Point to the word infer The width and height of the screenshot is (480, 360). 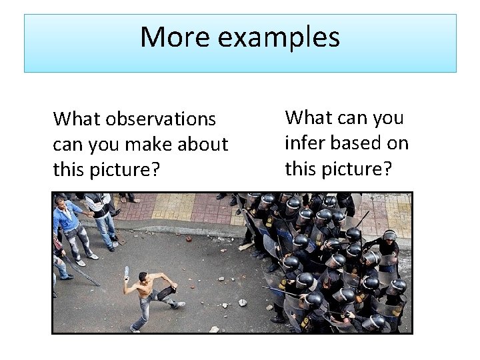pos(305,143)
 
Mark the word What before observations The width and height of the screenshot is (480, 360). pos(75,119)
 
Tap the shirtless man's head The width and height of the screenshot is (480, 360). pos(142,277)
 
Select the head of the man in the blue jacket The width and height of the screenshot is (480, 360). pos(62,201)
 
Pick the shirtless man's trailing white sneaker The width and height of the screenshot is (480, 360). pos(178,305)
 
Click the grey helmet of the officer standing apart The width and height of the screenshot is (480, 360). pos(389,235)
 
